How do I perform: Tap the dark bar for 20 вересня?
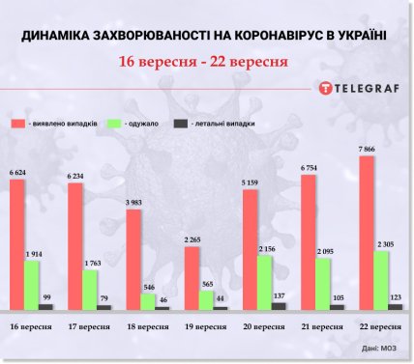click(x=279, y=306)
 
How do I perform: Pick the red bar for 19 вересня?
click(x=192, y=278)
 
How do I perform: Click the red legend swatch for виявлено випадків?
click(x=19, y=125)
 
